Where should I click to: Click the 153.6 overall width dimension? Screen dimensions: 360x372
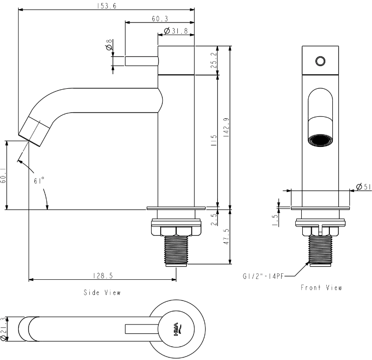pyautogui.click(x=105, y=6)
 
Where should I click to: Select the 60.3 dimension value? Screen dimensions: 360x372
pyautogui.click(x=160, y=19)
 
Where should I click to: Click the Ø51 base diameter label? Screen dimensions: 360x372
pyautogui.click(x=363, y=187)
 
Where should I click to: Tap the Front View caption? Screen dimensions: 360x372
pyautogui.click(x=321, y=288)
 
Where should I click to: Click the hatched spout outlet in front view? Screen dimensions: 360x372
pyautogui.click(x=320, y=140)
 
